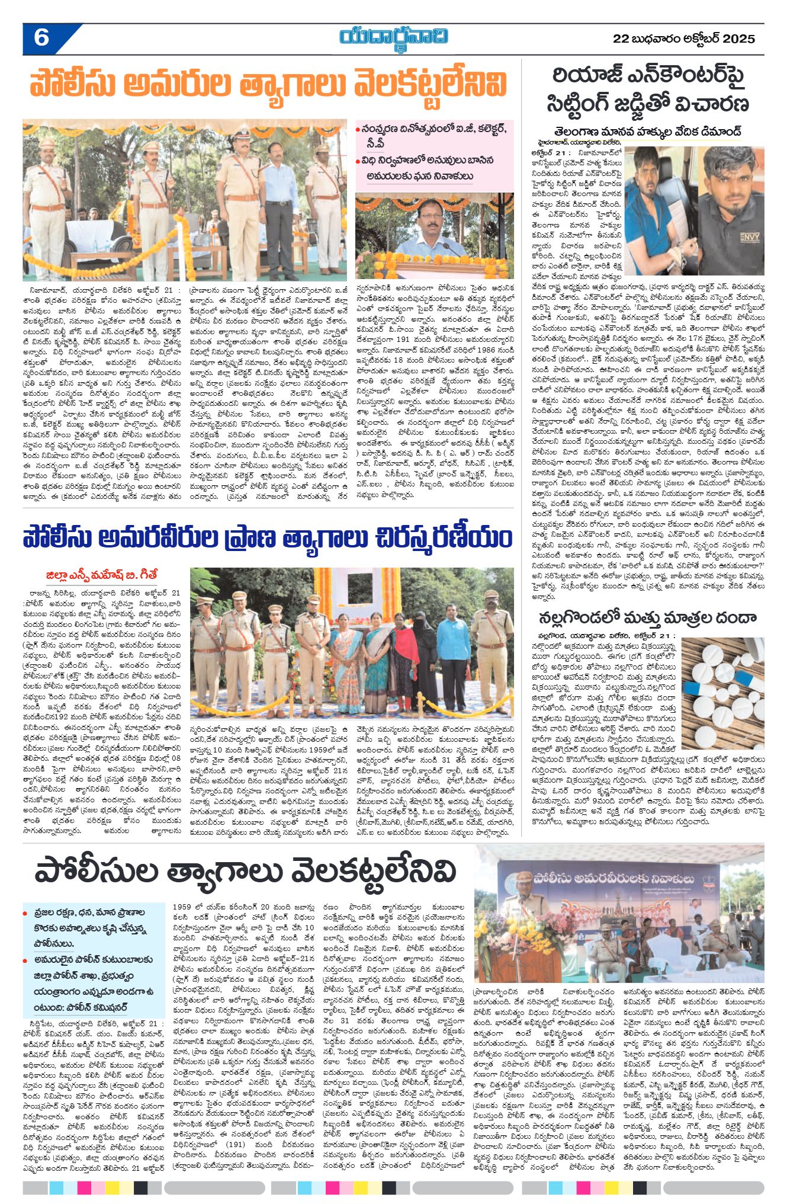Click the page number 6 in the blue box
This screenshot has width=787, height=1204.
click(x=41, y=39)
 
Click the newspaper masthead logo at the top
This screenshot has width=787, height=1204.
click(x=393, y=37)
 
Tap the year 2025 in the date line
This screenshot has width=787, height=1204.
click(x=740, y=39)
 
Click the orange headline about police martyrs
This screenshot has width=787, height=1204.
click(x=268, y=85)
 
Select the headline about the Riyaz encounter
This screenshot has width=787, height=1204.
click(x=648, y=89)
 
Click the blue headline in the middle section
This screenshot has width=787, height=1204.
click(x=268, y=538)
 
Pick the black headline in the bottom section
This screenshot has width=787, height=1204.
click(x=245, y=872)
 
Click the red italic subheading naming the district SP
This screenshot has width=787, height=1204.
click(x=102, y=575)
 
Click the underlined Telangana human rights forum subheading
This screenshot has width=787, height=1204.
click(x=647, y=131)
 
